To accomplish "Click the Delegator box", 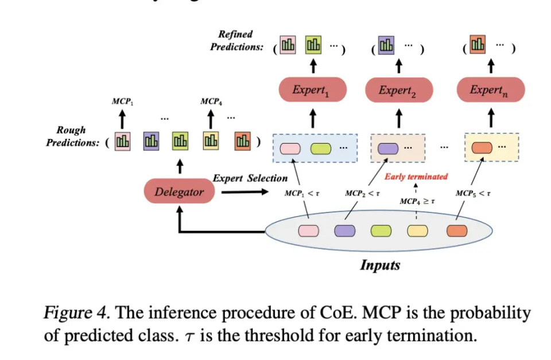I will pyautogui.click(x=179, y=192).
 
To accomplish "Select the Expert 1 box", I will pyautogui.click(x=313, y=90).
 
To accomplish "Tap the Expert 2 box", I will pyautogui.click(x=398, y=90).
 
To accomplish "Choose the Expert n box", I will pyautogui.click(x=490, y=90).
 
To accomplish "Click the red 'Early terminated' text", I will pyautogui.click(x=416, y=176).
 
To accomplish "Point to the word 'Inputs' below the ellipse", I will pyautogui.click(x=379, y=265).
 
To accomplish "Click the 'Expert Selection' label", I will pyautogui.click(x=250, y=179).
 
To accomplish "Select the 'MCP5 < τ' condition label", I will pyautogui.click(x=473, y=193).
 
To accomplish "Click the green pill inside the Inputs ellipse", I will pyautogui.click(x=381, y=231).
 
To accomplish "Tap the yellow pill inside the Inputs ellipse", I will pyautogui.click(x=417, y=231).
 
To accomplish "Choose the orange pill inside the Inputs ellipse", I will pyautogui.click(x=457, y=231).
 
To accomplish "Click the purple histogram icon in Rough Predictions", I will pyautogui.click(x=152, y=141).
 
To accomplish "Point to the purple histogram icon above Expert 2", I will pyautogui.click(x=387, y=44).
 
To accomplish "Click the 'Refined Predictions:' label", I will pyautogui.click(x=236, y=41).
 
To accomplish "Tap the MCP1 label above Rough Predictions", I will pyautogui.click(x=122, y=102).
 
